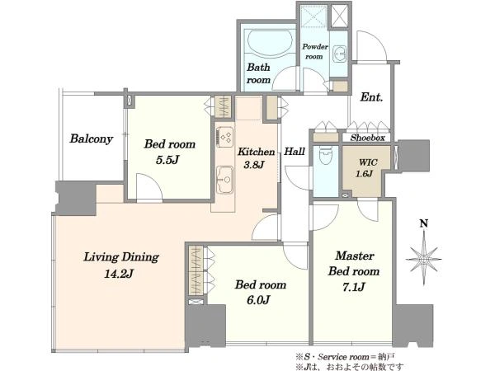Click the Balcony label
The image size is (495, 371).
point(92,139)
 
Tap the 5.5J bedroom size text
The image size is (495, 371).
point(167,160)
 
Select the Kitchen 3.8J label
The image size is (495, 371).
point(256,157)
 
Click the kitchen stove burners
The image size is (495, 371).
point(225,137)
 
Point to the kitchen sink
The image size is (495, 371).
point(224,180)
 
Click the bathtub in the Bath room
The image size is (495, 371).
point(269,43)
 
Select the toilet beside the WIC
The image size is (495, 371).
point(325,156)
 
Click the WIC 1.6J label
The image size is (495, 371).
point(366,168)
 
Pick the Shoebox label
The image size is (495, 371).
point(368,138)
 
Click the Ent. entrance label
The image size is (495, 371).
point(371,96)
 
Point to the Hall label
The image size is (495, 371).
point(295,152)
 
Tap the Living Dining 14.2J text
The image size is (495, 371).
point(121,265)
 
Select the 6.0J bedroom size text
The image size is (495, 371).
point(258,300)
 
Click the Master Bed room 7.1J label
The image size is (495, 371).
point(354,271)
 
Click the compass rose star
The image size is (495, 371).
point(424,260)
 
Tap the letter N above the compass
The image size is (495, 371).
point(424,223)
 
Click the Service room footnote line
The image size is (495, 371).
point(345,357)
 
